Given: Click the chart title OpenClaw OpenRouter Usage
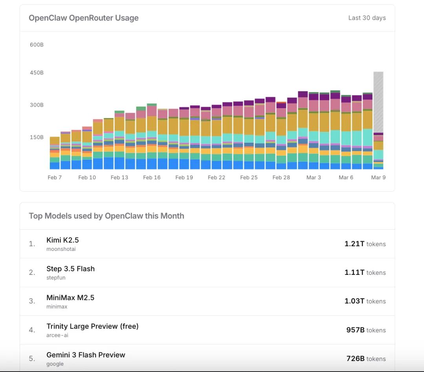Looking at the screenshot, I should click(x=84, y=18).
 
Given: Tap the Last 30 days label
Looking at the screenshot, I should click(x=367, y=18).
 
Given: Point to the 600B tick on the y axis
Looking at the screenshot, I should click(x=37, y=45).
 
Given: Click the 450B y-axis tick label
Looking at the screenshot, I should click(x=37, y=73).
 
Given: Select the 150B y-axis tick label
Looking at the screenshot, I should click(x=37, y=137).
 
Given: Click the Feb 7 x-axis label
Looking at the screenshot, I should click(x=55, y=178).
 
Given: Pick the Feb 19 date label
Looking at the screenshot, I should click(x=184, y=178).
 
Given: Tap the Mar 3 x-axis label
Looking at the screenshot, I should click(x=314, y=178).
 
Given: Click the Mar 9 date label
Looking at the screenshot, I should click(x=378, y=178).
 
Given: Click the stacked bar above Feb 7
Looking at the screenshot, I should click(x=55, y=153).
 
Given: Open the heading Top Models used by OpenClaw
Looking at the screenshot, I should click(x=106, y=216).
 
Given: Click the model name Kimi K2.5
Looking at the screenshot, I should click(x=62, y=240).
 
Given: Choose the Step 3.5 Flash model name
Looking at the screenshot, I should click(x=70, y=269).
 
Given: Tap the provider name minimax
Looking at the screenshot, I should click(x=57, y=307).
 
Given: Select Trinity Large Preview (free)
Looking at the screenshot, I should click(x=92, y=326).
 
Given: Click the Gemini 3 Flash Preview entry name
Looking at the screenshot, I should click(x=86, y=355).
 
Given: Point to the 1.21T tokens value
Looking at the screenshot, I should click(x=365, y=244).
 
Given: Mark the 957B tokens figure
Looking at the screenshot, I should click(x=366, y=330).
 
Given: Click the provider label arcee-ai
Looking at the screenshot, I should click(x=57, y=335).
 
